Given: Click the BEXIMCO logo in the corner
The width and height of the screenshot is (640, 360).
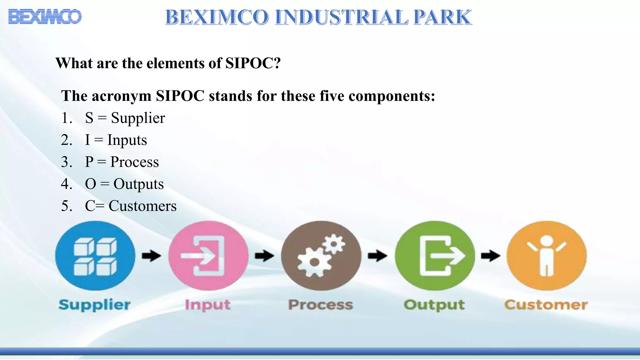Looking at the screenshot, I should pyautogui.click(x=45, y=17).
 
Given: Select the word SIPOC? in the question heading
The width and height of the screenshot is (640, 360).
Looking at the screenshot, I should pyautogui.click(x=253, y=63).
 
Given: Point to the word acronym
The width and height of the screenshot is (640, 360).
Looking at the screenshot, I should pyautogui.click(x=122, y=96).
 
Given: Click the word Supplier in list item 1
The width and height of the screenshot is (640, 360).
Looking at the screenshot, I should pyautogui.click(x=138, y=118).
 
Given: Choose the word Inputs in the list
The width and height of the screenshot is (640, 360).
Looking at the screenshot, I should pyautogui.click(x=127, y=140).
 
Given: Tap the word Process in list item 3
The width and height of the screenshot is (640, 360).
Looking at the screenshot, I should pyautogui.click(x=134, y=162).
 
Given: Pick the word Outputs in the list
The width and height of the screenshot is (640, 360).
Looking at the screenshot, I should pyautogui.click(x=138, y=184).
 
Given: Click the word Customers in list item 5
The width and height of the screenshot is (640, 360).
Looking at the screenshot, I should pyautogui.click(x=142, y=206).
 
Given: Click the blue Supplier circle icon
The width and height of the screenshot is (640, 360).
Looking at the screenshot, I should pyautogui.click(x=95, y=256).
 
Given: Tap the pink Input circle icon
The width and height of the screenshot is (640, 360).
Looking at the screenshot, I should pyautogui.click(x=208, y=256).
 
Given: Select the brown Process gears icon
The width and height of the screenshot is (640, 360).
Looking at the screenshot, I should pyautogui.click(x=321, y=256).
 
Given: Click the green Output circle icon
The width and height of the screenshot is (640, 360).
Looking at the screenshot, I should pyautogui.click(x=434, y=256).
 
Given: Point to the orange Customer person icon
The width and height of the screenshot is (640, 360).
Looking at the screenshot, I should pyautogui.click(x=547, y=256).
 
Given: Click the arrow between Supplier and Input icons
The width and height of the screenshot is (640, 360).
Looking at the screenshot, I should pyautogui.click(x=152, y=256).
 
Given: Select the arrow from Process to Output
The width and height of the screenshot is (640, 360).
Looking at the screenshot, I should pyautogui.click(x=377, y=256).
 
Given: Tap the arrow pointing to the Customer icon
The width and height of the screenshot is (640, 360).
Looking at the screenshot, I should pyautogui.click(x=490, y=256).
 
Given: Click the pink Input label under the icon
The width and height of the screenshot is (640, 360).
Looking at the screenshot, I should pyautogui.click(x=208, y=305).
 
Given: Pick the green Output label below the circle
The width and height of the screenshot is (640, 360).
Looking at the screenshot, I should pyautogui.click(x=434, y=305).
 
